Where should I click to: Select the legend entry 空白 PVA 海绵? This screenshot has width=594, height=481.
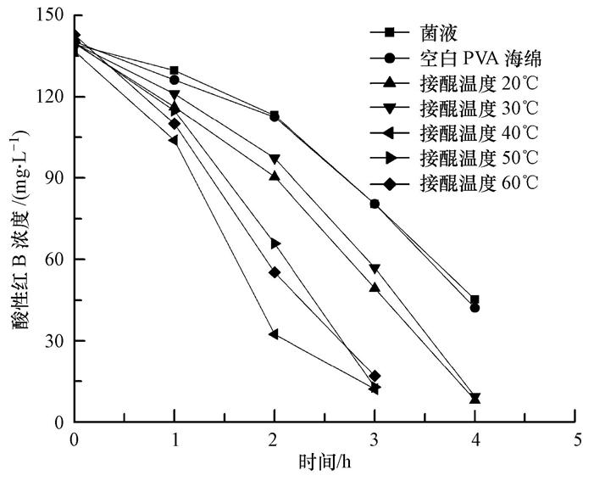(x=480, y=58)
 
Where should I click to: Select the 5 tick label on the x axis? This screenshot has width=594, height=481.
(x=576, y=439)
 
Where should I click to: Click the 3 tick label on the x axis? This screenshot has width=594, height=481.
(x=375, y=439)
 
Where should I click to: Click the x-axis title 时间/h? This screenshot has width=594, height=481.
(x=325, y=463)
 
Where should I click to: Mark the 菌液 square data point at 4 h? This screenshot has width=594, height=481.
(x=475, y=299)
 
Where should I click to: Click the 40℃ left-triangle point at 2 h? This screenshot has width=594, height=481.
(x=274, y=334)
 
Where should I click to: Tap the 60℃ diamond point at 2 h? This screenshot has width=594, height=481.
(x=275, y=272)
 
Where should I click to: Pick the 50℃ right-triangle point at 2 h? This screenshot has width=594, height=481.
(x=275, y=243)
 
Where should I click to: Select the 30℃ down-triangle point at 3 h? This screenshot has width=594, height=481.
(x=375, y=269)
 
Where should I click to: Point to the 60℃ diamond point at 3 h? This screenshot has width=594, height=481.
(x=375, y=376)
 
